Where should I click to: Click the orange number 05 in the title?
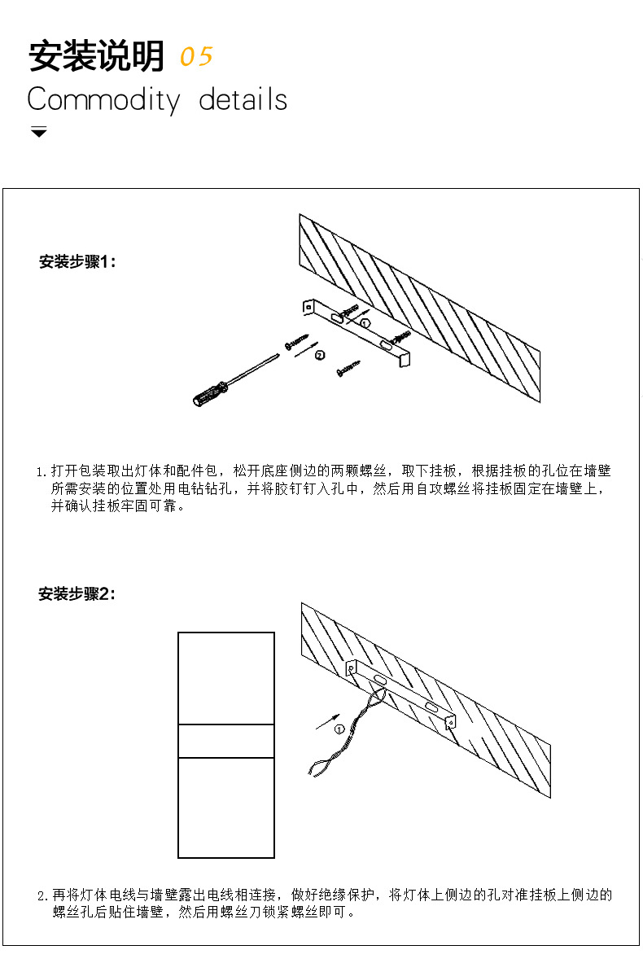tap(195, 57)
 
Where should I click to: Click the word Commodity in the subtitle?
tap(103, 100)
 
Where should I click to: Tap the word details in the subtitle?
tap(243, 100)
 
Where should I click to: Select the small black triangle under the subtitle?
tap(38, 132)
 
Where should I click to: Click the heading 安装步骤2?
tap(77, 594)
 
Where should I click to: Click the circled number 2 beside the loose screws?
tap(320, 355)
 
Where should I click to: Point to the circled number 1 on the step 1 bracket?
tap(365, 323)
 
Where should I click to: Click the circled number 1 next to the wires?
tap(339, 729)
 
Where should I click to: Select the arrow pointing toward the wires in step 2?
tap(326, 719)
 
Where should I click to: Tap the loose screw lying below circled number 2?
tap(348, 370)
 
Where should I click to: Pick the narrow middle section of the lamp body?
tap(226, 741)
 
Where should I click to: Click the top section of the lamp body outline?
tap(226, 678)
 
